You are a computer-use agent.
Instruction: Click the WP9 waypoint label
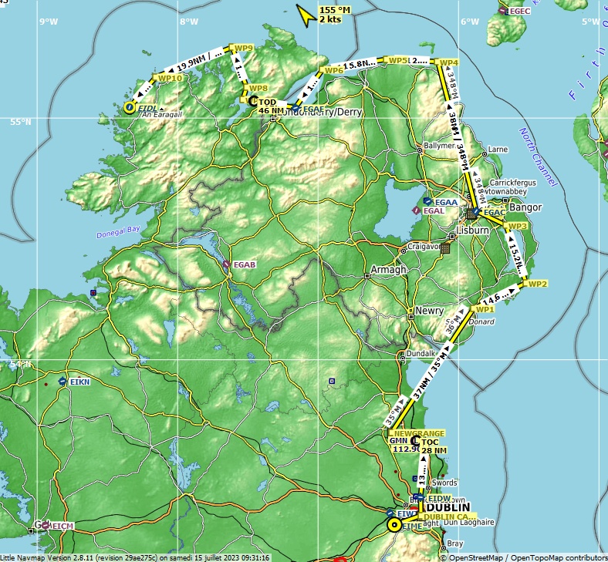click(x=245, y=49)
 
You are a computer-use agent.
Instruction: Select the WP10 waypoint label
click(x=170, y=78)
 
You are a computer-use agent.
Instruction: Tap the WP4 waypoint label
click(x=449, y=62)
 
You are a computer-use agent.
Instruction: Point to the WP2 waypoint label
click(x=537, y=284)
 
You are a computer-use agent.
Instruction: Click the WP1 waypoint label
click(x=485, y=309)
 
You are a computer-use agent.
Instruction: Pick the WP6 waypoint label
click(x=334, y=71)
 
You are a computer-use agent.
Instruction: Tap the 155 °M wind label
click(x=335, y=10)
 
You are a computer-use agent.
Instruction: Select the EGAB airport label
click(x=245, y=265)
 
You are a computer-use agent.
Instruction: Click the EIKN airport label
click(x=79, y=382)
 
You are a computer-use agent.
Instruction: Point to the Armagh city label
click(x=388, y=270)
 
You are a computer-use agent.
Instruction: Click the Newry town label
click(x=430, y=311)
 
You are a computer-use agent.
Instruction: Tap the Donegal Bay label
click(x=118, y=231)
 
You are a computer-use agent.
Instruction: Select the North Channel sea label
click(x=538, y=157)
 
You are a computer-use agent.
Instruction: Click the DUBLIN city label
click(x=448, y=508)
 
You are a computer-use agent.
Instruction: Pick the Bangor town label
click(x=525, y=208)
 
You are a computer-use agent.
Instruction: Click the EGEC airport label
click(x=519, y=11)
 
